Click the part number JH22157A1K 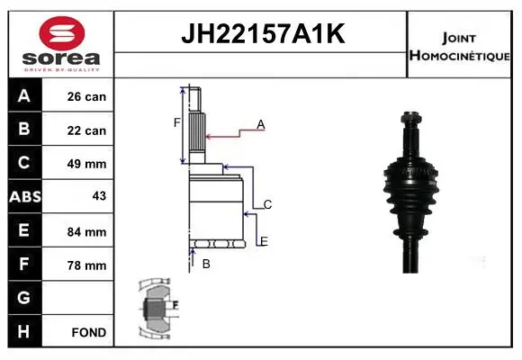click(x=263, y=33)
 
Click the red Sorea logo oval click(x=62, y=33)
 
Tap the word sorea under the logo click(x=61, y=58)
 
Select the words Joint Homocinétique click(x=459, y=47)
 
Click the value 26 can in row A click(x=86, y=96)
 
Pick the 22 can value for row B click(x=86, y=130)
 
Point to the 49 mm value click(x=86, y=164)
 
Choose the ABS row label click(x=25, y=196)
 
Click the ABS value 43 click(x=99, y=196)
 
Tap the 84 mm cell click(x=86, y=232)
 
